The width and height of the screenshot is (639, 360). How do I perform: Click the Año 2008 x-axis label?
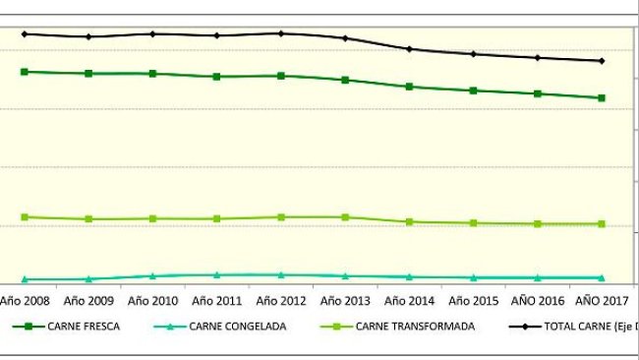[x=25, y=300]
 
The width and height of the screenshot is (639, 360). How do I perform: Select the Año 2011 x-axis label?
[x=217, y=300]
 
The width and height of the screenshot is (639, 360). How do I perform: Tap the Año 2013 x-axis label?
[x=345, y=300]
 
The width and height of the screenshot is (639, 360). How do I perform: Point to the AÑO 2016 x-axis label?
[x=538, y=300]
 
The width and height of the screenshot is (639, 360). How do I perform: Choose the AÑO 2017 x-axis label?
[x=602, y=300]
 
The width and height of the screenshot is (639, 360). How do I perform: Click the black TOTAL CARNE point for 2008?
[x=25, y=33]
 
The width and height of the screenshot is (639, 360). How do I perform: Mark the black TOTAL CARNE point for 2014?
[x=409, y=48]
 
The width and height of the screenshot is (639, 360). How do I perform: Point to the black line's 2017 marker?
[x=602, y=61]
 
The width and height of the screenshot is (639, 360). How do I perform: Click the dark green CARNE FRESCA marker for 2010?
[x=152, y=74]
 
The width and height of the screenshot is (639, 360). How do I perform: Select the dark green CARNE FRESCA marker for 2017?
[x=602, y=98]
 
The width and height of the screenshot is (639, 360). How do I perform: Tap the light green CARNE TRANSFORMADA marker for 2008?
[x=25, y=217]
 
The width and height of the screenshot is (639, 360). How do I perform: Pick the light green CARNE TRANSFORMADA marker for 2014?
[x=409, y=222]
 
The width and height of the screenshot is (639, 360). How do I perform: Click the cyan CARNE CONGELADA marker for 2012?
[x=281, y=275]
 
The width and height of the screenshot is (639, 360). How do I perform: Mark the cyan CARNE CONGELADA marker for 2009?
[x=88, y=279]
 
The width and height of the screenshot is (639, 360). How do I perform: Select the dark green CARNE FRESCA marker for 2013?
[x=345, y=80]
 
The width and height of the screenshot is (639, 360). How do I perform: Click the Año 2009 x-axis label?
[x=88, y=300]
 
